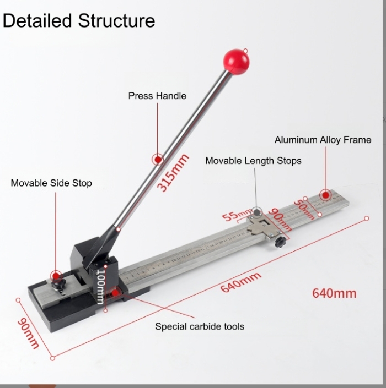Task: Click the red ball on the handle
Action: (236, 62)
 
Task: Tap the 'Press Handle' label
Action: (157, 96)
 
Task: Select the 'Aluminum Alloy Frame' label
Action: (323, 140)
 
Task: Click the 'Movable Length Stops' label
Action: (253, 161)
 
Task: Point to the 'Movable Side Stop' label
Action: (51, 183)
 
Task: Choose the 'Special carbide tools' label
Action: (200, 326)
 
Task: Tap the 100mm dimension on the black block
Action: (100, 287)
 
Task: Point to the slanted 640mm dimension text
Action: (241, 282)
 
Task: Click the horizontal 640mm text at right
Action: (334, 293)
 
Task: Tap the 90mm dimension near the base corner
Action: (28, 333)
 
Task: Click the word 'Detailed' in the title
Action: (37, 20)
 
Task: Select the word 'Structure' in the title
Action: (116, 20)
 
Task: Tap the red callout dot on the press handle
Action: (158, 160)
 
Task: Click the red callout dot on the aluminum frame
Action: (326, 196)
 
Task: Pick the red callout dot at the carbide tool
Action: (115, 293)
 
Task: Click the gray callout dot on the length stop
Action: (257, 212)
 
